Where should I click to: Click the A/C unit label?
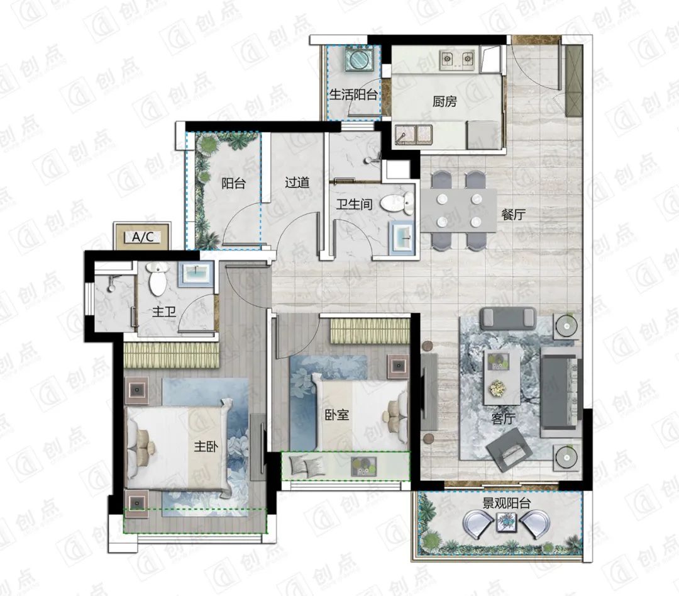tap(143, 237)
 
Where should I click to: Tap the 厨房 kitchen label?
tap(444, 101)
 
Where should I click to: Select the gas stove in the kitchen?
tap(457, 59)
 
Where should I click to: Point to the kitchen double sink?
tap(413, 134)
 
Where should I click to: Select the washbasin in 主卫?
tap(197, 274)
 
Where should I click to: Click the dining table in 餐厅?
tap(458, 211)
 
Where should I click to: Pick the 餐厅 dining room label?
tap(513, 214)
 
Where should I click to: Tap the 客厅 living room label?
tap(503, 419)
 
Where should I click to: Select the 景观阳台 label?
tap(506, 503)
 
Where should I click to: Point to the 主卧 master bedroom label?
tap(206, 446)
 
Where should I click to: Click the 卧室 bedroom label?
tap(337, 415)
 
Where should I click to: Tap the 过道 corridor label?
tap(297, 183)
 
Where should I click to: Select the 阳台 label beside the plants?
tap(233, 183)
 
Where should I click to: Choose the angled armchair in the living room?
tap(509, 449)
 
